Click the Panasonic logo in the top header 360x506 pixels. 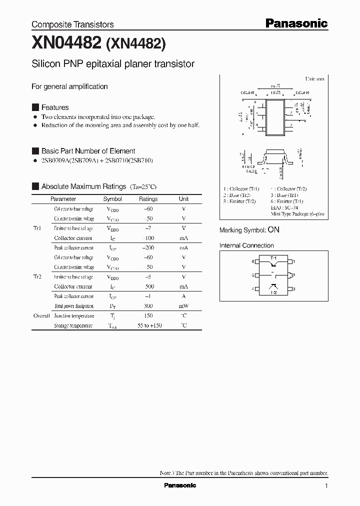coord(296,23)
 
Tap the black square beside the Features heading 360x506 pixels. coord(35,107)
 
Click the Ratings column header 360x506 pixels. coord(148,199)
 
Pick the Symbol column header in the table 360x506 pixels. coord(112,199)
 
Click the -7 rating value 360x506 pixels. coord(147,228)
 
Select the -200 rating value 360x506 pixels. coord(147,248)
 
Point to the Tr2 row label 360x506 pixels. coord(37,277)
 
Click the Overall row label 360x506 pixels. coord(41,316)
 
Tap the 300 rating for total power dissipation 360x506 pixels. coord(147,306)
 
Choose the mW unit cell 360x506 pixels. coord(183,306)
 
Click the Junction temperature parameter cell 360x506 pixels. coord(74,316)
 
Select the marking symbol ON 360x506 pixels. coord(273,230)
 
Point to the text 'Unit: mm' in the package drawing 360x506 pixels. coord(314,79)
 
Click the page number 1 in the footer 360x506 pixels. coord(326,486)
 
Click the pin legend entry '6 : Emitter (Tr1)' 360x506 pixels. coord(287,201)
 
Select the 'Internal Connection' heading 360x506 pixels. coord(246,245)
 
